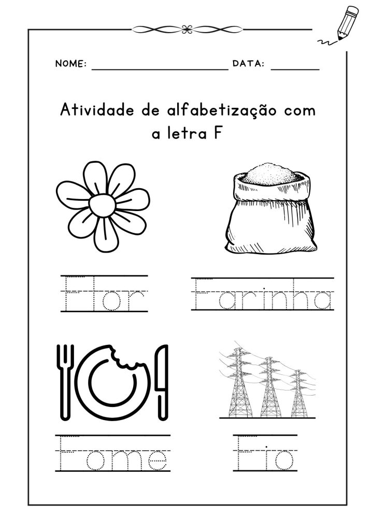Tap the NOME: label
pos(71,64)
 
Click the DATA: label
pos(249,63)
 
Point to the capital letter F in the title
pos(218,133)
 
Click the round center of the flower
pos(103,205)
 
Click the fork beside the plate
pos(65,382)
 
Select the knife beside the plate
pos(162,382)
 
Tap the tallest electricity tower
pos(239,383)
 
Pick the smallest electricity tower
pos(299,394)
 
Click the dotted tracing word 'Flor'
pos(105,294)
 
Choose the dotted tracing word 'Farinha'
pos(263,294)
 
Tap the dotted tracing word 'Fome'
pos(112,453)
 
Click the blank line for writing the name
pos(160,69)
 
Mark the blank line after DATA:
pos(295,69)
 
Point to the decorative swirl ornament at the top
pos(187,30)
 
